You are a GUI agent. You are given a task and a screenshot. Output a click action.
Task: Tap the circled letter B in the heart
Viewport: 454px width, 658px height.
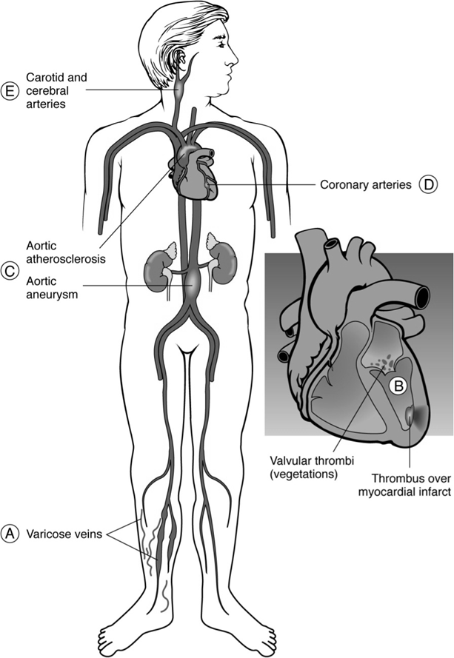(398, 385)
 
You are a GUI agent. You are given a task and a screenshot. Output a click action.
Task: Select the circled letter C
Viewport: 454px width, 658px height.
(10, 271)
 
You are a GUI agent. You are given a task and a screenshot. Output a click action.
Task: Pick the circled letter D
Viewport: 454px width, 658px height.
(428, 185)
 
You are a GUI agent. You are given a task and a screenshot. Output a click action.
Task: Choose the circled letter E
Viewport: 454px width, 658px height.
(10, 90)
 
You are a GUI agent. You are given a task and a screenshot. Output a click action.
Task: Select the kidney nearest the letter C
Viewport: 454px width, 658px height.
(157, 264)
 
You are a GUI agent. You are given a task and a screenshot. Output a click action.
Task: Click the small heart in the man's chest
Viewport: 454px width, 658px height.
(194, 172)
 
